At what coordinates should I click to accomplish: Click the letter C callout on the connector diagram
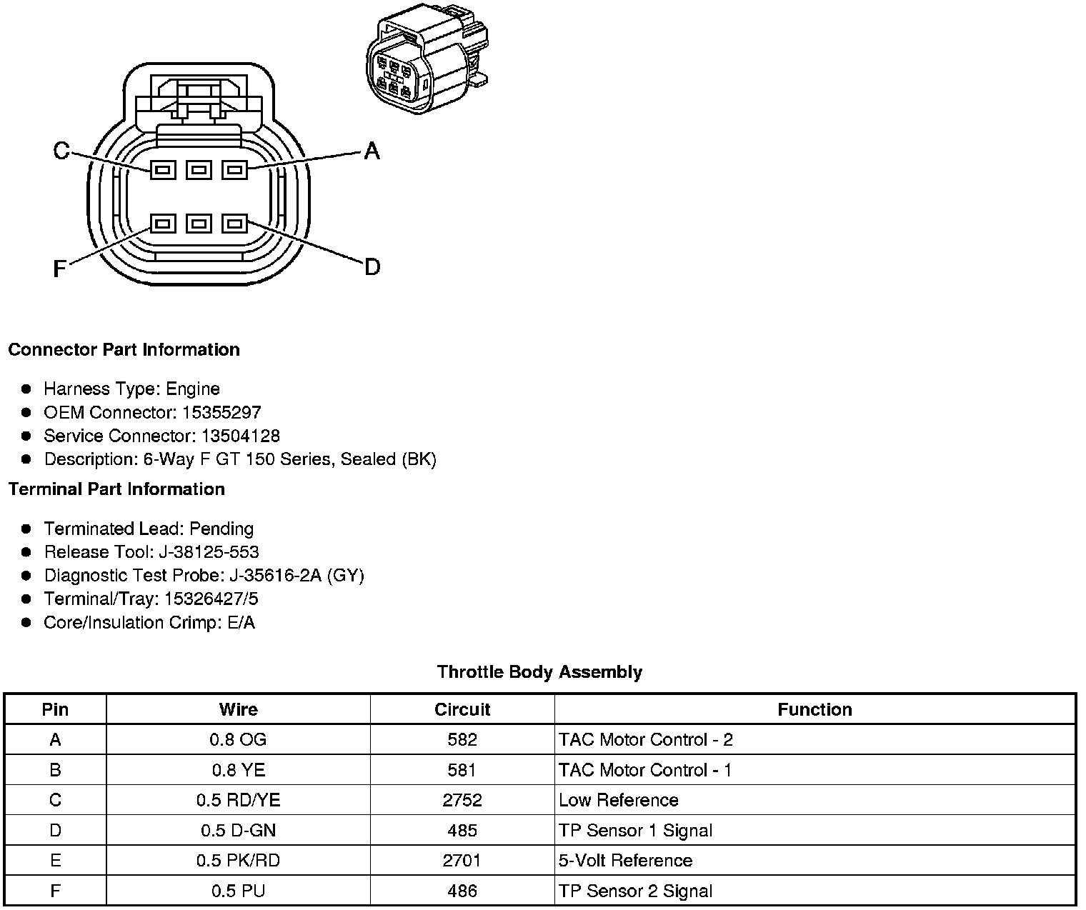[x=61, y=151]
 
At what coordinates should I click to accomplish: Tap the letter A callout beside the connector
[x=372, y=151]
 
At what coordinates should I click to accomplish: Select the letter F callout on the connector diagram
[x=60, y=269]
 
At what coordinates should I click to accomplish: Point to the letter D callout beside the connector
[x=372, y=267]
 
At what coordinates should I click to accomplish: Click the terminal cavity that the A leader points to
[x=234, y=170]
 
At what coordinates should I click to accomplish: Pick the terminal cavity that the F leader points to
[x=164, y=224]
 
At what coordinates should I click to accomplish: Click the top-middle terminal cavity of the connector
[x=199, y=170]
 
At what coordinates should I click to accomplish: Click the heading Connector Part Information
[x=124, y=349]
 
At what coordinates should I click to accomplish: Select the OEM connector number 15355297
[x=221, y=412]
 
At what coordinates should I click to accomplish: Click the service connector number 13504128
[x=240, y=436]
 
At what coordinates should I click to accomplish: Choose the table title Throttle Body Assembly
[x=539, y=672]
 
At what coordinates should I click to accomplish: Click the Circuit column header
[x=462, y=709]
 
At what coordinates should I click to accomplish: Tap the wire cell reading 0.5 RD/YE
[x=238, y=800]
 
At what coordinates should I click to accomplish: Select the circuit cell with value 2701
[x=462, y=860]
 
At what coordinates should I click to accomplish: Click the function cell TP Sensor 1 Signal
[x=635, y=830]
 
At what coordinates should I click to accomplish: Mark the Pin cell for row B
[x=55, y=770]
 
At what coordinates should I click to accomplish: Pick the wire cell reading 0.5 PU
[x=238, y=891]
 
